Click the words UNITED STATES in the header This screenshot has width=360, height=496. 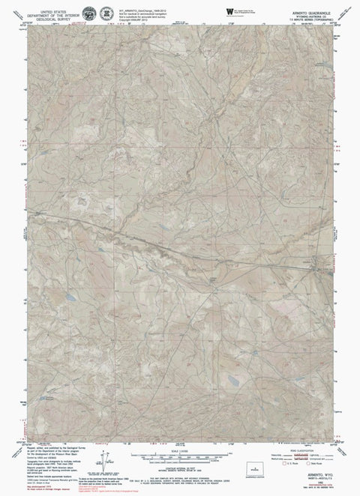point(53,5)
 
